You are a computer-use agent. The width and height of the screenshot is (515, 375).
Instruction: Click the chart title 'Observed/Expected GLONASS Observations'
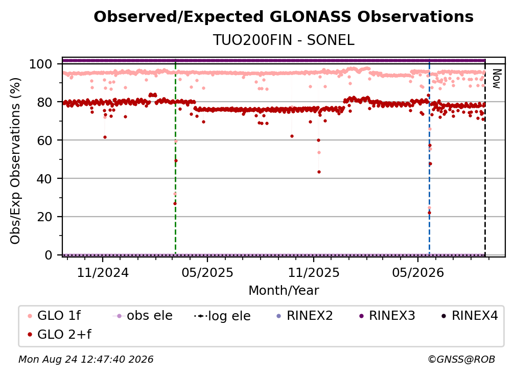pos(284,17)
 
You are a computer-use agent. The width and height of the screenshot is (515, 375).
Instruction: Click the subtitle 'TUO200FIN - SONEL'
pos(284,40)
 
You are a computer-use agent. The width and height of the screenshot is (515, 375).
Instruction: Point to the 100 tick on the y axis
pos(40,64)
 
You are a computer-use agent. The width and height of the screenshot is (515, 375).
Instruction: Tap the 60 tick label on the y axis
pos(44,140)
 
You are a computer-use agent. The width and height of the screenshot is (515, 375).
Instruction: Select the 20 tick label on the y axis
pos(44,217)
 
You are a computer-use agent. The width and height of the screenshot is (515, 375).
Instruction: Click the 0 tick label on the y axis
pos(48,255)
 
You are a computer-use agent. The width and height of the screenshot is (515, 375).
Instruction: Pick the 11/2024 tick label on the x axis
pos(103,272)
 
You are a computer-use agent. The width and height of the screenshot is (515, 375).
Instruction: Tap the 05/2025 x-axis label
pos(207,272)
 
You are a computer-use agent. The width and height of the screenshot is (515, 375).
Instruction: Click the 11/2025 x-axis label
pos(314,272)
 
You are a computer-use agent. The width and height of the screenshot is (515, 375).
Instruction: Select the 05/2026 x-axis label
pos(418,272)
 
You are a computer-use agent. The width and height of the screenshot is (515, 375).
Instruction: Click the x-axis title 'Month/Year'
pos(284,291)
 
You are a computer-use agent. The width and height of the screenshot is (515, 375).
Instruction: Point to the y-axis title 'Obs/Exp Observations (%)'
pos(15,160)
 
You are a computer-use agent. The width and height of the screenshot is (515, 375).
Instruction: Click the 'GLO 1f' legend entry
pos(54,316)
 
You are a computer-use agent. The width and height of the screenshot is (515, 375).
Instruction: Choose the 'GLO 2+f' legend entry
pos(59,335)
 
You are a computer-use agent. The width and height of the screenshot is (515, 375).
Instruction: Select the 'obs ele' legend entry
pos(143,316)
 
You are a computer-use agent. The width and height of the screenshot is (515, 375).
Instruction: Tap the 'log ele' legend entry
pos(222,316)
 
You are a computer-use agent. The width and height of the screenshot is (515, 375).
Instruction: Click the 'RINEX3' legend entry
pos(387,316)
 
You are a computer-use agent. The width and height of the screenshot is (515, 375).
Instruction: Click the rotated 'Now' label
pos(497,79)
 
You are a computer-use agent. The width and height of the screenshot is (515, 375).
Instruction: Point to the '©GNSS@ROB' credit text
pos(461,360)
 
